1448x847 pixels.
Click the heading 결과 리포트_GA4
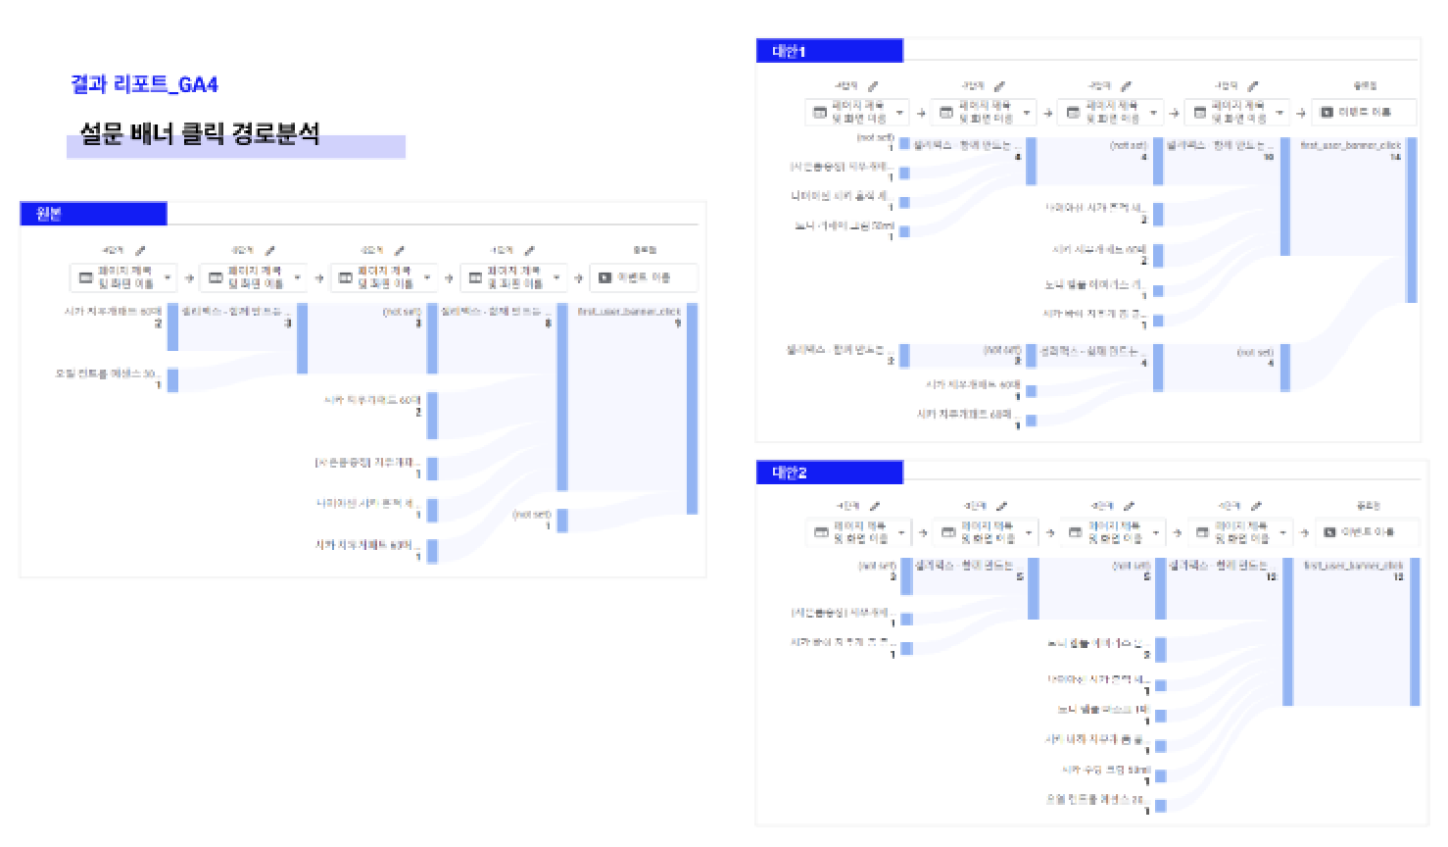[144, 84]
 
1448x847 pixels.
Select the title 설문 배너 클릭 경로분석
[200, 133]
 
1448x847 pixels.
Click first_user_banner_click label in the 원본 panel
[629, 312]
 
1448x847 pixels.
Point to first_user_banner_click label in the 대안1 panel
[1351, 145]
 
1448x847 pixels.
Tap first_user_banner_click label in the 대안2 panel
[1353, 566]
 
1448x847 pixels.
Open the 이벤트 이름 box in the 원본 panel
[644, 277]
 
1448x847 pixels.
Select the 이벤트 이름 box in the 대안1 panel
[1365, 112]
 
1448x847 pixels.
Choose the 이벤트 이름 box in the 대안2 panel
[1367, 532]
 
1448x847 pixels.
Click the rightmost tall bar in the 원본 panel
[692, 409]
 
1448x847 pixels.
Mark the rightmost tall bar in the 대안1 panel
[1412, 221]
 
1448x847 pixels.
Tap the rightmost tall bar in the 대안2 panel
[1415, 632]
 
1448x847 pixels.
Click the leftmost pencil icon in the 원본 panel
[140, 251]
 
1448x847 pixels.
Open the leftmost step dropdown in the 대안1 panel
[857, 113]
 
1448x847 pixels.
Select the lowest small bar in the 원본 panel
[432, 551]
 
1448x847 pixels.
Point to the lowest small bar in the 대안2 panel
[1161, 806]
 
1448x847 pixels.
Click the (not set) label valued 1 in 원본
[532, 515]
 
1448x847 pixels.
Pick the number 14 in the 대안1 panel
[1395, 157]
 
